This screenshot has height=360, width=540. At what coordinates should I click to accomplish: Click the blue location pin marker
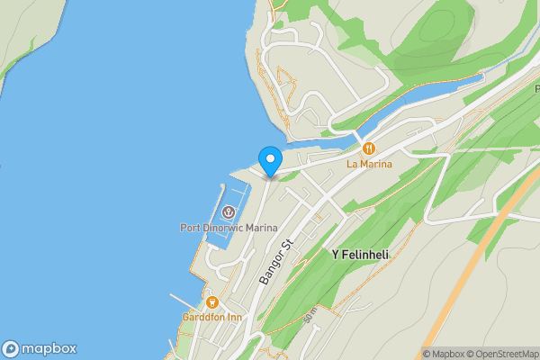click(x=269, y=160)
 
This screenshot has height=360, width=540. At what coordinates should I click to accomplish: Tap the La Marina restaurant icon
click(x=368, y=148)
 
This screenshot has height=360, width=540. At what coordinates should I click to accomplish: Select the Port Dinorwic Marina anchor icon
click(x=229, y=212)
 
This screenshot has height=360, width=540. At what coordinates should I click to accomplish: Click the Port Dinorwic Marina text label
click(x=228, y=228)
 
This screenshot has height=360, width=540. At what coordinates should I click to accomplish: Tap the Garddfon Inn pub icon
click(x=212, y=302)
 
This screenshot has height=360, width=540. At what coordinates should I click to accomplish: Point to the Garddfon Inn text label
click(x=212, y=317)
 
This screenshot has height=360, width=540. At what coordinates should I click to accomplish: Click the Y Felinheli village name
click(x=360, y=256)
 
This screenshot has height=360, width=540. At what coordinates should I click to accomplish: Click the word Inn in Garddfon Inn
click(x=234, y=317)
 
